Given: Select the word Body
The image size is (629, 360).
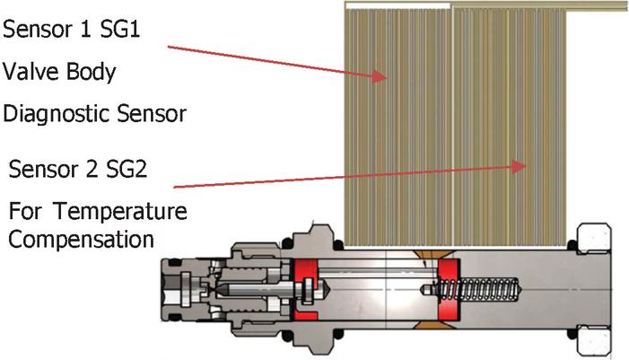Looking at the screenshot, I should pyautogui.click(x=92, y=72).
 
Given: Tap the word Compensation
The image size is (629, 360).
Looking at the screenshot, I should pyautogui.click(x=83, y=241).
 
